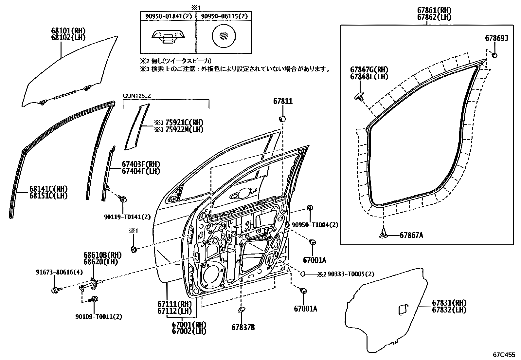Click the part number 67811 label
coord(283,102)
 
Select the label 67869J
coord(496,39)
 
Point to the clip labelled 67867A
coord(383,234)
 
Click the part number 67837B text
coord(243,327)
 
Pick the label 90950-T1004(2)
coord(315,225)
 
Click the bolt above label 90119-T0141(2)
coord(123,199)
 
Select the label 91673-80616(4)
coord(55,272)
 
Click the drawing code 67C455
coord(504,354)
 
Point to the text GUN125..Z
coord(136,96)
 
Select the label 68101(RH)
coord(68,31)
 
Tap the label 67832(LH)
coord(449,310)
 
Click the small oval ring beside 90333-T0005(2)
coord(303,274)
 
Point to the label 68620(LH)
coord(100,261)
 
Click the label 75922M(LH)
coord(179,129)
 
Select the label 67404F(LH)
coord(141,171)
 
